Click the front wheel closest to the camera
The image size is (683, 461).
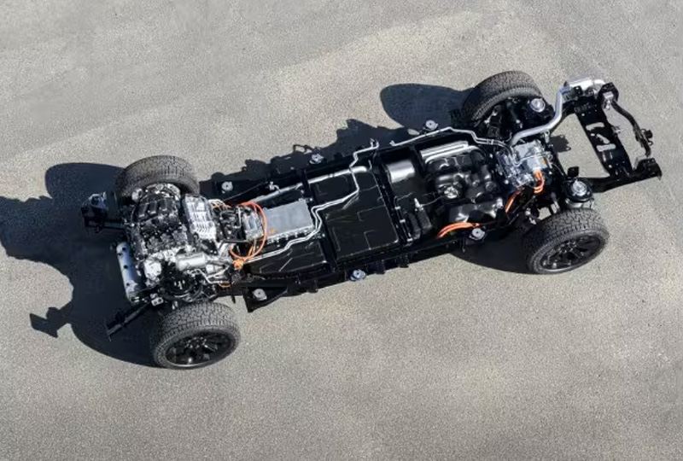click(x=195, y=334)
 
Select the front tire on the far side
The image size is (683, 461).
click(x=156, y=176)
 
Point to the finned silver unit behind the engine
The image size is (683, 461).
click(x=200, y=219)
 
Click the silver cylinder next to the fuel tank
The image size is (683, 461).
click(x=400, y=172)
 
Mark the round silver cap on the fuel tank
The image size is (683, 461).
click(x=450, y=191)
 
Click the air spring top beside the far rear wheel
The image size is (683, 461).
click(x=536, y=105)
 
